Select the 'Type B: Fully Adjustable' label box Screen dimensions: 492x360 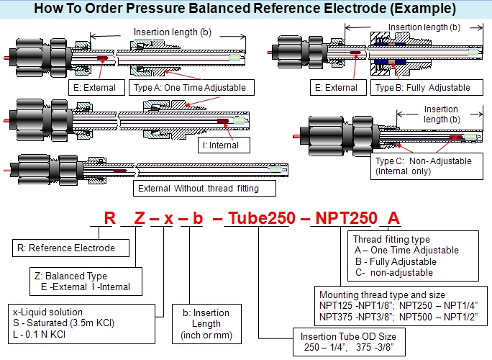pos(427,88)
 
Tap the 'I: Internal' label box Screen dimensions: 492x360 pos(224,145)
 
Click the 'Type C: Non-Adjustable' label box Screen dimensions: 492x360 pos(427,166)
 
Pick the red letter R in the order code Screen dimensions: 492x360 pos(110,218)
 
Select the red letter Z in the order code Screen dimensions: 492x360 pos(140,218)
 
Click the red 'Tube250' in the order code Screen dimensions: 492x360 pos(262,218)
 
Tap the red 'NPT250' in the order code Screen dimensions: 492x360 pos(347,218)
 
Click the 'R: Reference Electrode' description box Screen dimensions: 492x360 pos(70,248)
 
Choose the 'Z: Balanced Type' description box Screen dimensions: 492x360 pos(86,282)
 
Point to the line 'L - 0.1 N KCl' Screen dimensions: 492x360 pos(40,334)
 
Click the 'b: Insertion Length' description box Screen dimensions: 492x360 pos(206,324)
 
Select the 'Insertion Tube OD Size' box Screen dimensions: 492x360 pos(349,342)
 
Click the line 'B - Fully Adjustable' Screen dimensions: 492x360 pos(396,261)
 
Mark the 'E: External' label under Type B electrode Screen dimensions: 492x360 pos(338,88)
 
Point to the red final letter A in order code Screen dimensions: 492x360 pos(393,218)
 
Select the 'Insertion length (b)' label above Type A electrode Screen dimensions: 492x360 pos(172,32)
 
